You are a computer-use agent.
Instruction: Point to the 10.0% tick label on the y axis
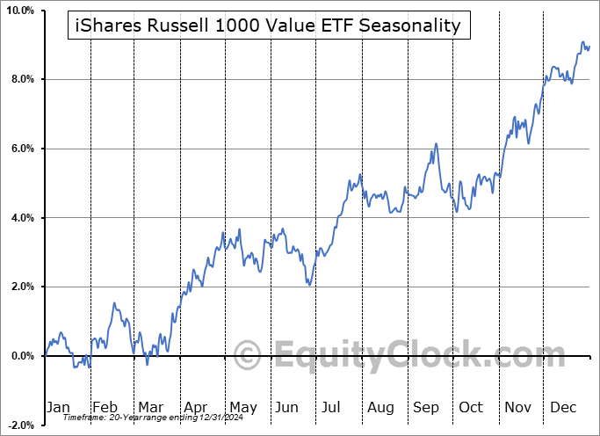click(20, 11)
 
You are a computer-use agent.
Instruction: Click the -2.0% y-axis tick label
click(20, 425)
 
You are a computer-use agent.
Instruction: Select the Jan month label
click(57, 407)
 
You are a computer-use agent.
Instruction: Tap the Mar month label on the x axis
click(150, 407)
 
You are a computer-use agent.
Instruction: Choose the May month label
click(242, 407)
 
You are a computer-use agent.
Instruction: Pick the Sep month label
click(427, 407)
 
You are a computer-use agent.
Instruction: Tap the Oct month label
click(472, 407)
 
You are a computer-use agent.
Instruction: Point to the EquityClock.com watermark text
click(408, 357)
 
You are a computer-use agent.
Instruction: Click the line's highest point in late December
click(582, 42)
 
